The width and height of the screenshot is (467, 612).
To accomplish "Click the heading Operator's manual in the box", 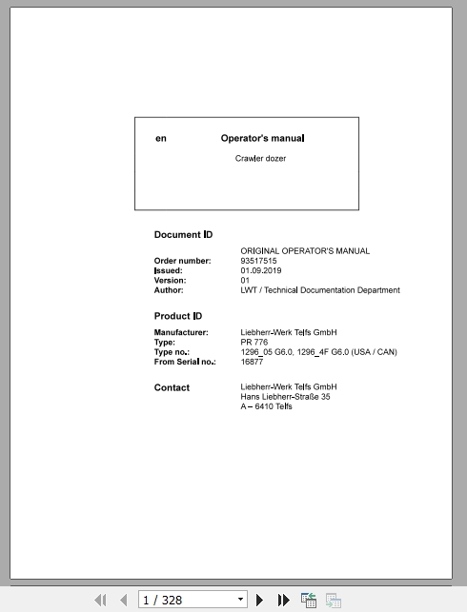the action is coord(262,138).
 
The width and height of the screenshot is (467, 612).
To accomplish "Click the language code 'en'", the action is coord(161,138).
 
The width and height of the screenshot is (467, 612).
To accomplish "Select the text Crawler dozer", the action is coord(260,158).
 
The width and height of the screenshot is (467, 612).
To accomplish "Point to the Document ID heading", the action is coord(183,234).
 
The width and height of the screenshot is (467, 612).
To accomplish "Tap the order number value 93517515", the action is coord(259,261).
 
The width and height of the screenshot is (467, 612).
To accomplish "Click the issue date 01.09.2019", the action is coord(261,270).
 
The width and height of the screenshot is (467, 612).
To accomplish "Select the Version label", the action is coord(170,281).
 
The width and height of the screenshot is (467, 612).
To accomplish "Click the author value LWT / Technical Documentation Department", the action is coord(319,290).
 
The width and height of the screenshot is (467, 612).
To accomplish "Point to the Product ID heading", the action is coord(178,316).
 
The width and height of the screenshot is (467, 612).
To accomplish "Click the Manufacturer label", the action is coord(181,332).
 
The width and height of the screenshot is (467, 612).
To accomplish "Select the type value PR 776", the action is coord(255,342).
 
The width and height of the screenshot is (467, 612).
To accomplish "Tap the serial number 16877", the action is coord(253,362).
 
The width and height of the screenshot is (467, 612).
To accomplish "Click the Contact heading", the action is coord(172,387).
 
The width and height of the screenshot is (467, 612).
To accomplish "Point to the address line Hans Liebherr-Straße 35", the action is coord(285,397).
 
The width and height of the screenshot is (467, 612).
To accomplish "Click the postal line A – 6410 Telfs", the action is coord(266,406).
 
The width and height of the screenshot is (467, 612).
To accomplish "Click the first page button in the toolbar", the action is coord(99,600).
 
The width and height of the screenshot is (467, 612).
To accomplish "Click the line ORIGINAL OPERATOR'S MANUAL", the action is coord(305,251).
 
